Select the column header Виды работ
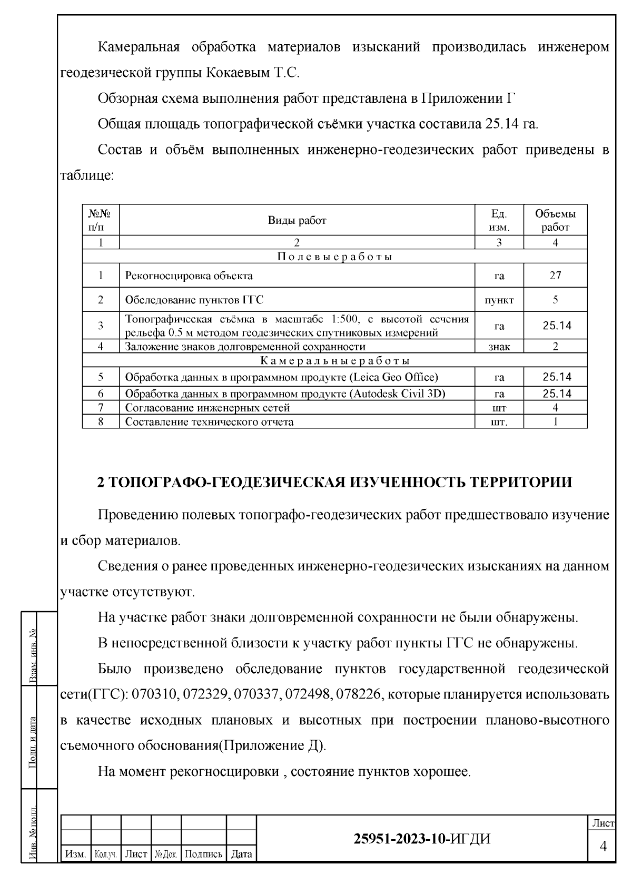(297, 221)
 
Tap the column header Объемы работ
(555, 221)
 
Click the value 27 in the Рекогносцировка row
(555, 276)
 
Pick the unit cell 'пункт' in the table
(499, 300)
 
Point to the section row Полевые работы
(334, 257)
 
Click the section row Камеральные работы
(334, 361)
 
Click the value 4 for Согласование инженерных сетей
(555, 408)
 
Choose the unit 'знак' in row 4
(499, 347)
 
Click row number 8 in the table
(101, 421)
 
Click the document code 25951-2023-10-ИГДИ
(422, 839)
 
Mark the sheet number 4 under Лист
(603, 847)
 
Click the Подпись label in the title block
(204, 854)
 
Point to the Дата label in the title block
(241, 854)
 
